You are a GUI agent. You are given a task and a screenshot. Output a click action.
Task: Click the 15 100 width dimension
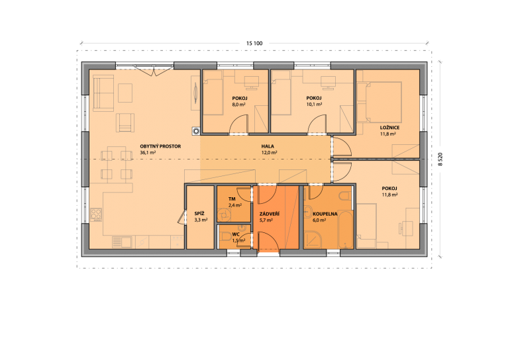click(x=254, y=43)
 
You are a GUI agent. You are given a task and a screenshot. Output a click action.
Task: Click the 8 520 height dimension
click(x=440, y=159)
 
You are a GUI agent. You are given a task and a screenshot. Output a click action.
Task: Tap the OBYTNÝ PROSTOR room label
click(x=160, y=146)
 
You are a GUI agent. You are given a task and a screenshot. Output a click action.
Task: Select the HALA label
click(x=268, y=146)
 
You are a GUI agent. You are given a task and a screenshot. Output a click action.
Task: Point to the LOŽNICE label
click(x=389, y=128)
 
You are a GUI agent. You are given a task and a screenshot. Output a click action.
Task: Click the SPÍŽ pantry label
click(x=199, y=214)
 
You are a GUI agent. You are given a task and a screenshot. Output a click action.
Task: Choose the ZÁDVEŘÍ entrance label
click(x=270, y=214)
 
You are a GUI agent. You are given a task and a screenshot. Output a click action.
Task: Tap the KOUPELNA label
click(x=325, y=214)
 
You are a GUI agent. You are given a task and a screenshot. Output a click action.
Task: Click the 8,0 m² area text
click(x=238, y=105)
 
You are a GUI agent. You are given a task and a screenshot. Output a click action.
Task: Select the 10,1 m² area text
click(x=314, y=105)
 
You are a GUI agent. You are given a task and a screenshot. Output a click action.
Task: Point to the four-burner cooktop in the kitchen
click(x=96, y=215)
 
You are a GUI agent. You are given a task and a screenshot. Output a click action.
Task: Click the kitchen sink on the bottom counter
click(x=122, y=242)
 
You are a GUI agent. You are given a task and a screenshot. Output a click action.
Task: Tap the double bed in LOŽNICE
click(x=380, y=102)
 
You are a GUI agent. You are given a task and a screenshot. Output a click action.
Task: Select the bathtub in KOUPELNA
click(x=345, y=230)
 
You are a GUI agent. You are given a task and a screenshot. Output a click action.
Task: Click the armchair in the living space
click(x=125, y=122)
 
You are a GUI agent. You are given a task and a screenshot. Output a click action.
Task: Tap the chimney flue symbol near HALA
click(x=196, y=131)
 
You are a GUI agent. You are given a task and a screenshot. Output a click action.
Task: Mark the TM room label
click(x=232, y=199)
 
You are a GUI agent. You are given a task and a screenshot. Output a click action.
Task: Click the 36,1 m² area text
click(x=148, y=152)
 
